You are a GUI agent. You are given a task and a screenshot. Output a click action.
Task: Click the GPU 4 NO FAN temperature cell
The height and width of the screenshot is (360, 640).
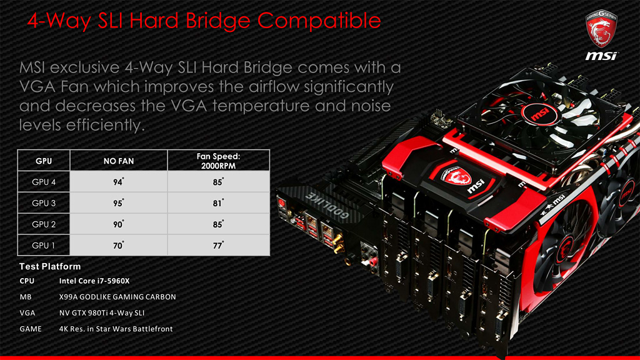(x=118, y=182)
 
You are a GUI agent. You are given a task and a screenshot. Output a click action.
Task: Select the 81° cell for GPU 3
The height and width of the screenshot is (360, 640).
(x=218, y=203)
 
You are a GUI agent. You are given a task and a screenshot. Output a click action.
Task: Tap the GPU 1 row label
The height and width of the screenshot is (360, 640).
(x=44, y=245)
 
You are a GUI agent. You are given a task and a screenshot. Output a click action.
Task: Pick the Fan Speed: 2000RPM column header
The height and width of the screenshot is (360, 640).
(x=218, y=161)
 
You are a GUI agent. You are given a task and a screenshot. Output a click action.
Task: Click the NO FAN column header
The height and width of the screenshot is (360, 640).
(x=118, y=161)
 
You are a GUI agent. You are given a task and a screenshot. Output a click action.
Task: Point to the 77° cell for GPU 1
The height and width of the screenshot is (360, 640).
(x=218, y=245)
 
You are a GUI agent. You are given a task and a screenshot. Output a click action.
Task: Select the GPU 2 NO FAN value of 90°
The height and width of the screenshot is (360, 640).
(x=118, y=224)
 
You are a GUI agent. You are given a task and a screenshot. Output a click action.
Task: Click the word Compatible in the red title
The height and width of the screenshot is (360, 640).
(x=319, y=21)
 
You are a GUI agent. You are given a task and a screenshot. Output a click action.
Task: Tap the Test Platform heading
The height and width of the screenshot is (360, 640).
(x=50, y=266)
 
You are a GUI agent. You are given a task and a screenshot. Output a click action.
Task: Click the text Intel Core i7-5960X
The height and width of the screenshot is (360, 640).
(x=94, y=281)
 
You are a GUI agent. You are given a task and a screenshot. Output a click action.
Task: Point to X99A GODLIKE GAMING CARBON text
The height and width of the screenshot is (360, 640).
(x=117, y=297)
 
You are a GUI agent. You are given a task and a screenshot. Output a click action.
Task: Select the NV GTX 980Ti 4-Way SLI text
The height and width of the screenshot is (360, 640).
(x=102, y=312)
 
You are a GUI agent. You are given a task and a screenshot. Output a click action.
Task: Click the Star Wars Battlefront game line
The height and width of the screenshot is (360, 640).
(x=116, y=329)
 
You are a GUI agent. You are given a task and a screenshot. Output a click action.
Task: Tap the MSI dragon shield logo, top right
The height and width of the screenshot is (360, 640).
(x=601, y=29)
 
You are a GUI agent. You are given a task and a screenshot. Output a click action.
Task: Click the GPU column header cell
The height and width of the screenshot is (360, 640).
(x=44, y=161)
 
